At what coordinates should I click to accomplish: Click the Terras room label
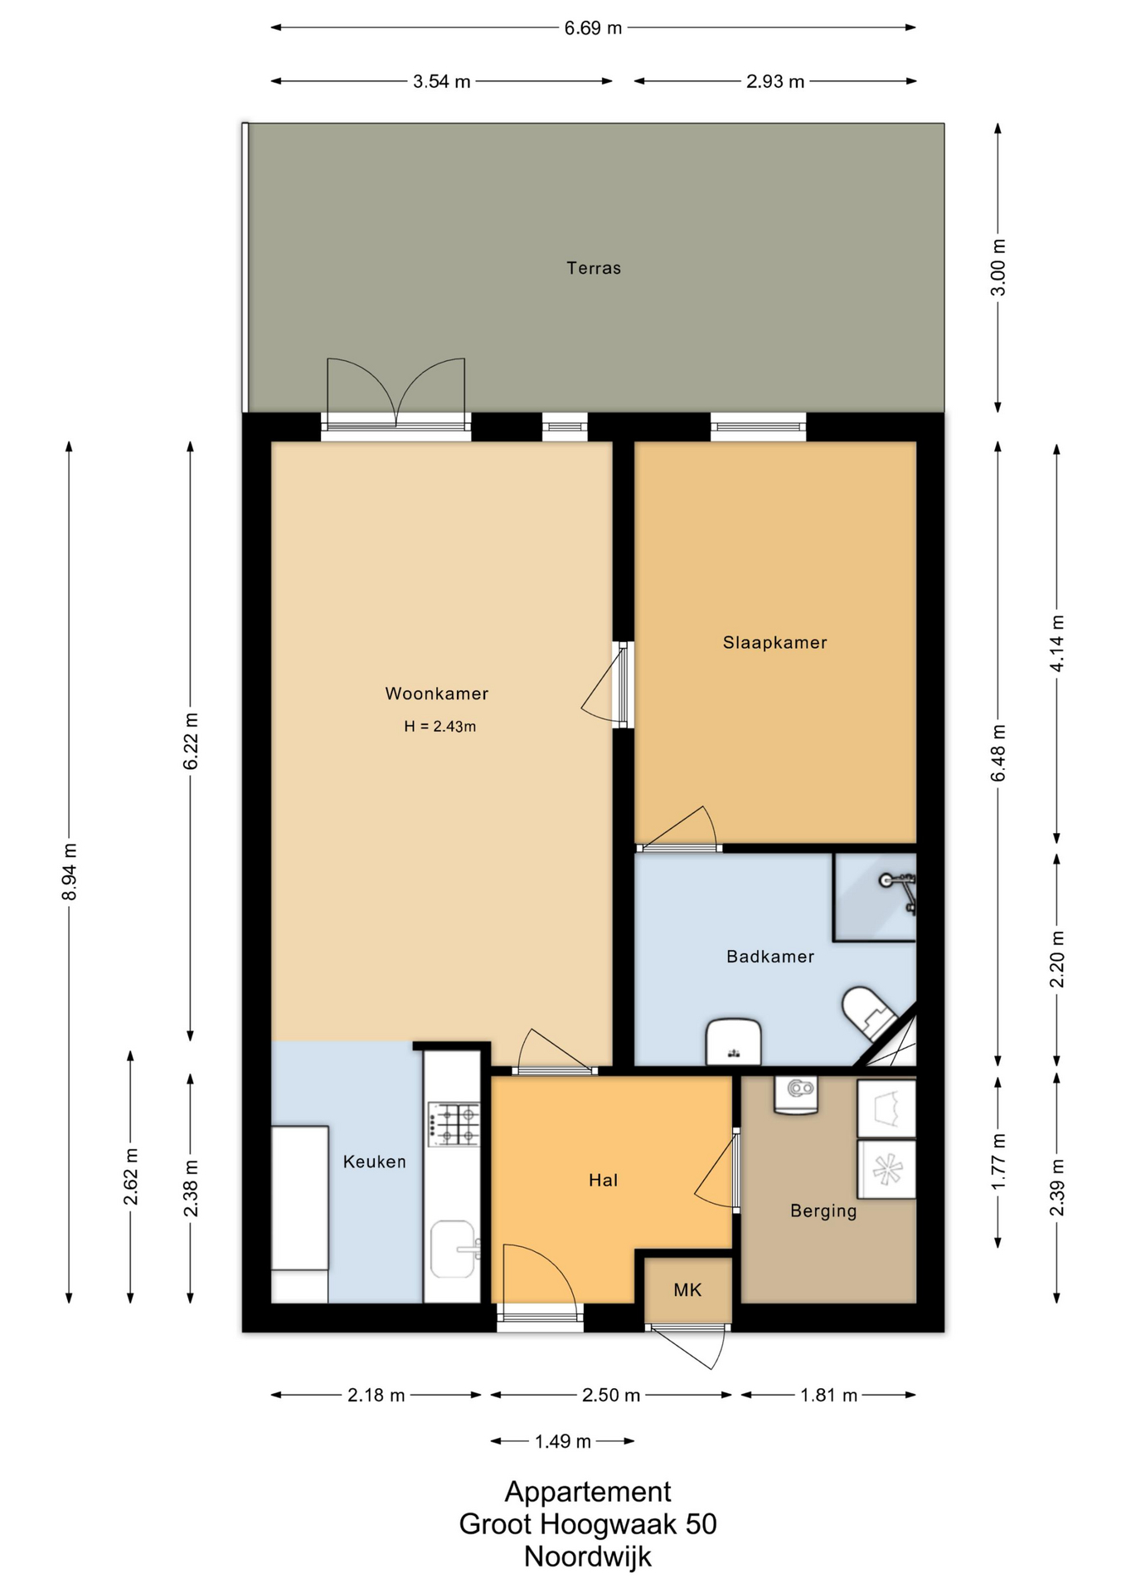(x=594, y=268)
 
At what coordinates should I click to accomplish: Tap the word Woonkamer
(x=437, y=694)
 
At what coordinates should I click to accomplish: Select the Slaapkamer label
(x=775, y=642)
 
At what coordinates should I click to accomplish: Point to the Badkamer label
(x=770, y=957)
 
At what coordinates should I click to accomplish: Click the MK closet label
(x=688, y=1290)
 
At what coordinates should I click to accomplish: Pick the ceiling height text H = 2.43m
(x=440, y=727)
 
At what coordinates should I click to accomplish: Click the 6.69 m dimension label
(x=593, y=28)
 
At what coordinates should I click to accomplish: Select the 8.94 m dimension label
(x=70, y=872)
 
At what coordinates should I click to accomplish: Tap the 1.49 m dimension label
(x=563, y=1441)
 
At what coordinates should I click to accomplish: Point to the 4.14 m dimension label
(x=1057, y=644)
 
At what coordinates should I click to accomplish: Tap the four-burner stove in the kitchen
(x=454, y=1124)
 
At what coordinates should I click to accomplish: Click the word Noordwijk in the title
(x=588, y=1556)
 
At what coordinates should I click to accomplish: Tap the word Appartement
(x=588, y=1492)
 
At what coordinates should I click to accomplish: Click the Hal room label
(x=604, y=1181)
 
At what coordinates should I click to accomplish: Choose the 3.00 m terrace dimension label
(x=998, y=267)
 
